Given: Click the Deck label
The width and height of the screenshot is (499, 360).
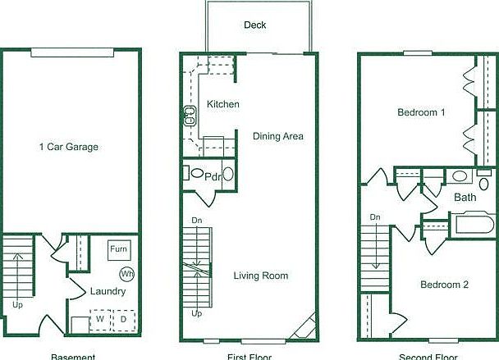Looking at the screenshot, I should [x=255, y=25].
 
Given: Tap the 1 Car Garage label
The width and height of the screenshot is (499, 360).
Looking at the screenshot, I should [x=69, y=148].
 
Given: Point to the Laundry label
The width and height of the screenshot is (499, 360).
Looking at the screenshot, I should [x=108, y=291].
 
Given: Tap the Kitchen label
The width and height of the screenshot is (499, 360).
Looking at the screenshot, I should [x=223, y=104].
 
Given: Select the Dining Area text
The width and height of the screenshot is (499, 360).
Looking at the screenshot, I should [x=278, y=136].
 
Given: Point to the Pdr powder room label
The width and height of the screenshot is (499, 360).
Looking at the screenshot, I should [x=213, y=176].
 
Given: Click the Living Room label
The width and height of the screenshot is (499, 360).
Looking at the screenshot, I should [x=261, y=276].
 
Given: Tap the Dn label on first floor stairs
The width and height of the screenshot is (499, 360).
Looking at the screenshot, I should [x=197, y=221].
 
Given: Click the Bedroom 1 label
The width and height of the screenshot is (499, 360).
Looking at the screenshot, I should [x=421, y=112].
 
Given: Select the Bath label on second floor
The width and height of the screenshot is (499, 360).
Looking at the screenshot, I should [x=465, y=198].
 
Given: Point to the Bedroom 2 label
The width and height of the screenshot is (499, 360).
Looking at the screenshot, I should [x=444, y=285].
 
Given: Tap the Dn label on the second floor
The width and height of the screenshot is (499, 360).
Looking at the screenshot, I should [x=375, y=217].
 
